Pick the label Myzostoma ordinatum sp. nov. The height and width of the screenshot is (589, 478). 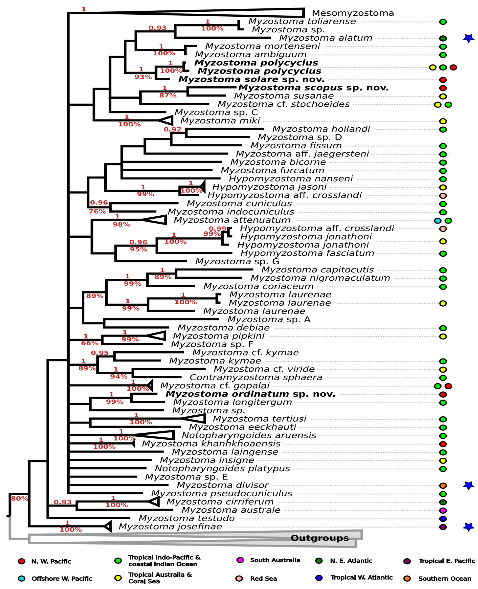tap(250, 394)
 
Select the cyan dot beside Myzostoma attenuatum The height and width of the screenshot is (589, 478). tap(438, 221)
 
